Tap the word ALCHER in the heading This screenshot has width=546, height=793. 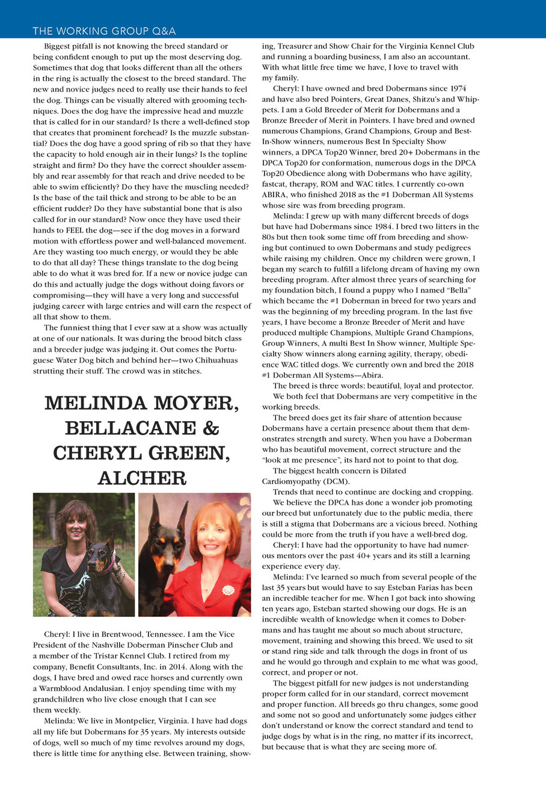(x=142, y=478)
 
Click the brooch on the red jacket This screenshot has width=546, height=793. (x=229, y=589)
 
